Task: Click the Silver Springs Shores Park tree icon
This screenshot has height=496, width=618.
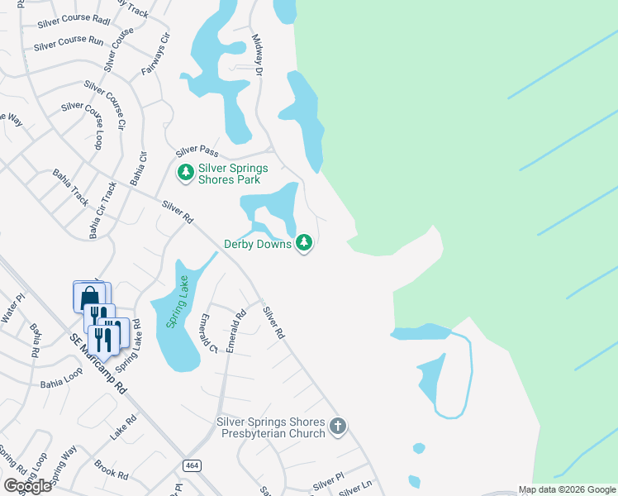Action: [x=186, y=172]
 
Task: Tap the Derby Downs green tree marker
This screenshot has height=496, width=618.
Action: [x=305, y=242]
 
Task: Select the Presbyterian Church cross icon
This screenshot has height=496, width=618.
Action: [x=337, y=427]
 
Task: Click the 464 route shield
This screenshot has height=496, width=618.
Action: [x=192, y=465]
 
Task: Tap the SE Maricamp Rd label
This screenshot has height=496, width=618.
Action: [x=98, y=365]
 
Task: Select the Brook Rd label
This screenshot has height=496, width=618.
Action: [x=111, y=470]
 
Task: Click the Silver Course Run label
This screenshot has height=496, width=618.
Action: [x=69, y=43]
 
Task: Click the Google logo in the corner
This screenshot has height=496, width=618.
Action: [x=27, y=486]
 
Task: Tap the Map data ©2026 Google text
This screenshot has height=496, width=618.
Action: [x=566, y=489]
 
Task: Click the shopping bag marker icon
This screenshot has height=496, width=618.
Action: [x=89, y=297]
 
